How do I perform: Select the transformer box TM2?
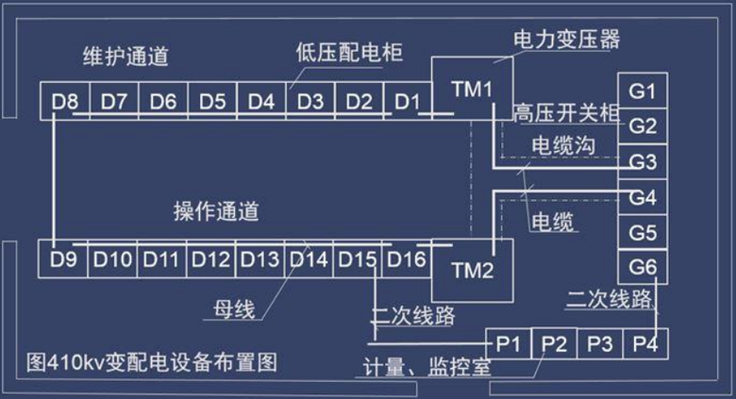pyautogui.click(x=472, y=271)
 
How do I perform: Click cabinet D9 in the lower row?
pyautogui.click(x=62, y=258)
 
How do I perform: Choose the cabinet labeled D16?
pyautogui.click(x=407, y=258)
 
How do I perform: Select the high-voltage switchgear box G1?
pyautogui.click(x=643, y=91)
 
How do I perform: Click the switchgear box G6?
pyautogui.click(x=643, y=267)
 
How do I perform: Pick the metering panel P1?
pyautogui.click(x=509, y=342)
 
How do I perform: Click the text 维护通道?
pyautogui.click(x=125, y=57)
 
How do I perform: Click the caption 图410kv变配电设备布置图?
pyautogui.click(x=152, y=361)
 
